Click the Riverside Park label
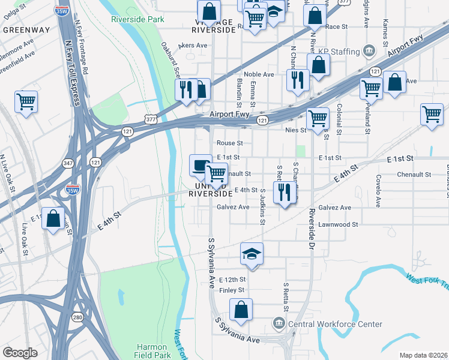tap(137, 19)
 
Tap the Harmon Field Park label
tap(155, 352)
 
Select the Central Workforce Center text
tap(335, 324)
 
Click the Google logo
tap(20, 352)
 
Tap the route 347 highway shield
tap(68, 163)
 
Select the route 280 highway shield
tap(77, 317)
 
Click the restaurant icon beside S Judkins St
tap(284, 193)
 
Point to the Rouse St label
tap(229, 143)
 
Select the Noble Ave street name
tap(259, 74)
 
